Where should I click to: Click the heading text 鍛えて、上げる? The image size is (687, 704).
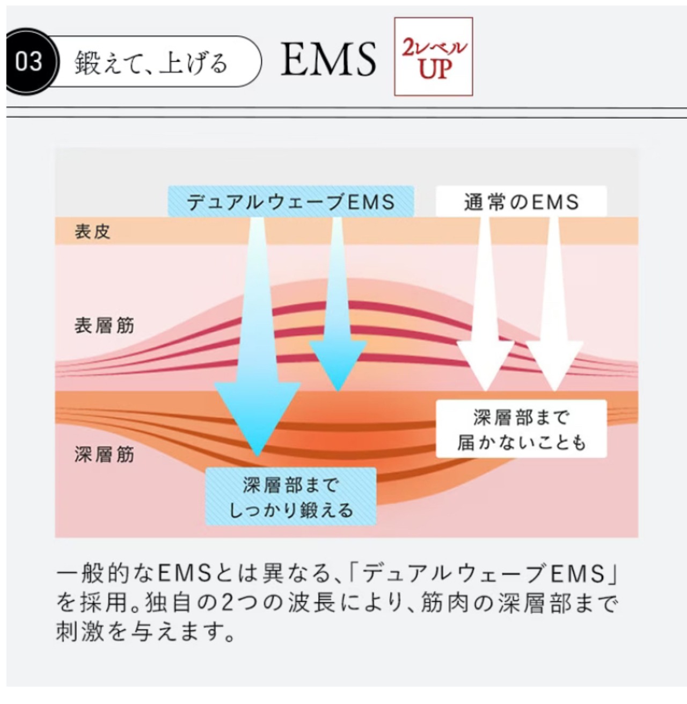point(151,62)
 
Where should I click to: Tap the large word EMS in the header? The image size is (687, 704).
point(328,59)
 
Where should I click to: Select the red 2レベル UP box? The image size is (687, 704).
point(433,57)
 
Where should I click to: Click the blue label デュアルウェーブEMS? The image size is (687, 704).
point(291,201)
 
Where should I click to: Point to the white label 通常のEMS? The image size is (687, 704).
point(521,201)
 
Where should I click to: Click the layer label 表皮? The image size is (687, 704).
point(92,231)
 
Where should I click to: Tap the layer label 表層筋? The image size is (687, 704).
point(104,325)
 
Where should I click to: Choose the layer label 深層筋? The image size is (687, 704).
point(104,454)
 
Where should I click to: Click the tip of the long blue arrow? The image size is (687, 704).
point(258,456)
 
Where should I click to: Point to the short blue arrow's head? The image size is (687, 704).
point(338,365)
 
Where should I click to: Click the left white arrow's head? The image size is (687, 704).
point(485,365)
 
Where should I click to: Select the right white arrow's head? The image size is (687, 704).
point(554,365)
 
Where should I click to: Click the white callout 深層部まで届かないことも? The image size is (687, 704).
point(521,429)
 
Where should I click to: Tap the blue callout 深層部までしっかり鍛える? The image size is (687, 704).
point(291,497)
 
